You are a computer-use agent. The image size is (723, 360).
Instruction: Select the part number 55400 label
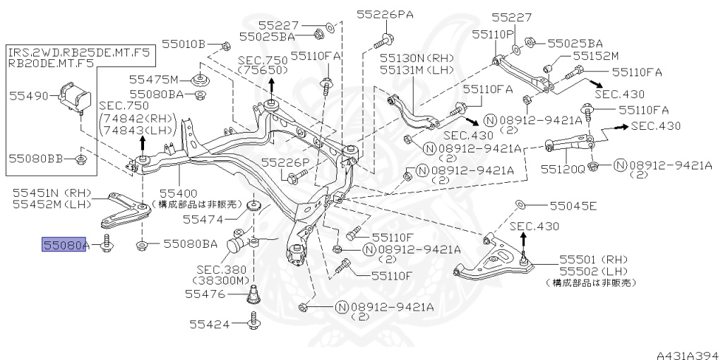[179, 192]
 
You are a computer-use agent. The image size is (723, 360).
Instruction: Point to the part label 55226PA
[385, 14]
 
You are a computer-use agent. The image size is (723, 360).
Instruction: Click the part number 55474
[203, 220]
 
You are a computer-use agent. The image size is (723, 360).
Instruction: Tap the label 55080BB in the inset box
[37, 158]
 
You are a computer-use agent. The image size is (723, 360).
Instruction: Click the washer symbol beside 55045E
[519, 205]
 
